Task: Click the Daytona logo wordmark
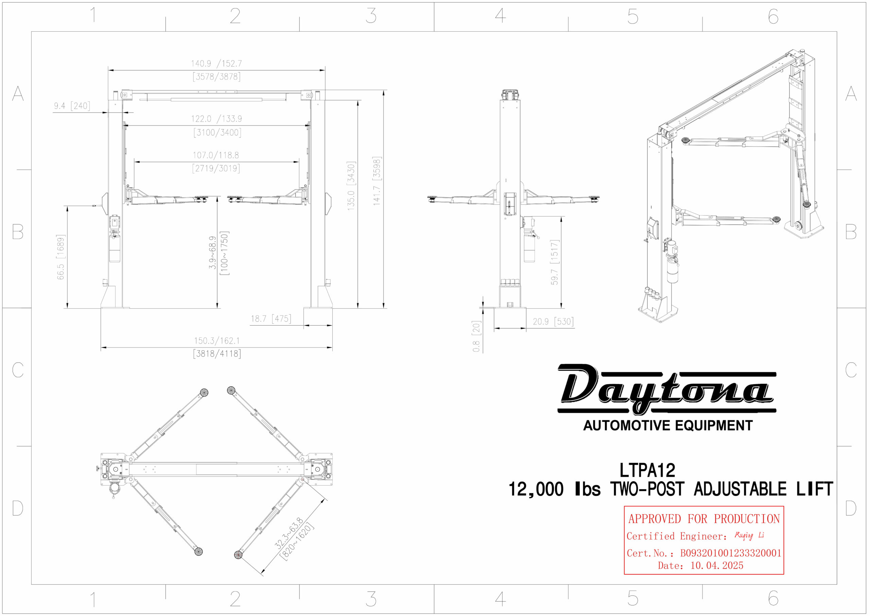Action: point(667,389)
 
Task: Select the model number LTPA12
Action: point(647,470)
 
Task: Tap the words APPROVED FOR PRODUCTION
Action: point(704,518)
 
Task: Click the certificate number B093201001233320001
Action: point(731,553)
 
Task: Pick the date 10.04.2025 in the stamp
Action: point(716,566)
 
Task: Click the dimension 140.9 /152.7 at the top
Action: point(216,63)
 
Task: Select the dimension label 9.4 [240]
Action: point(72,105)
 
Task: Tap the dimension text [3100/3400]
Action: point(217,132)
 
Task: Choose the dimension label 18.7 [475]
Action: point(271,319)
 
